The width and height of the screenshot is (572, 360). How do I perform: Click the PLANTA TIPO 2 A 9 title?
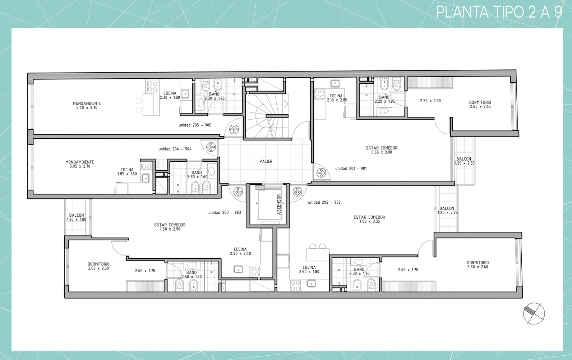tap(499, 12)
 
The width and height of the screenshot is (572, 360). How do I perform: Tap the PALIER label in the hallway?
tap(266, 161)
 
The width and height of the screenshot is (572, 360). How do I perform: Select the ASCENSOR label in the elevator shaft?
tap(279, 204)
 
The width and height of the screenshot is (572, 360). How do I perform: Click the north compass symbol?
tap(534, 314)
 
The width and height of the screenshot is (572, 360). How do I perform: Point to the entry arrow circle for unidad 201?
tap(321, 173)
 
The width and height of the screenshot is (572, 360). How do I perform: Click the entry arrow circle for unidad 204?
tap(211, 147)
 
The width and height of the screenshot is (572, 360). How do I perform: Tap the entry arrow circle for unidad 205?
tap(234, 129)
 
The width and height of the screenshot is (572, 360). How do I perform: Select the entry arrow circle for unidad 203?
tap(238, 191)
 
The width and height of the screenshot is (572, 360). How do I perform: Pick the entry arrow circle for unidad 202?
tap(297, 191)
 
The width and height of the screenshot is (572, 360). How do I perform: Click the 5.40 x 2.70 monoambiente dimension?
tap(87, 108)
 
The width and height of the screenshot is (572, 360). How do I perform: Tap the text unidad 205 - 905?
tap(195, 125)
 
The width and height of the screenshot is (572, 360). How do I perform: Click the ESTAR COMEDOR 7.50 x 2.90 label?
tap(170, 227)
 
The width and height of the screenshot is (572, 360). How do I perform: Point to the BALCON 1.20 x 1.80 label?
tap(77, 217)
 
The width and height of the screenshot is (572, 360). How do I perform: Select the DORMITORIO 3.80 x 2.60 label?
tap(478, 265)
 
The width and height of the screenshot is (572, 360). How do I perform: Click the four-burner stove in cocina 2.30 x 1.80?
tap(152, 86)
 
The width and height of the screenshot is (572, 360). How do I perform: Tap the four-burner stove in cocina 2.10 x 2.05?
tap(319, 94)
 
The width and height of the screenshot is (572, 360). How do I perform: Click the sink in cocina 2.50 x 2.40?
tap(238, 269)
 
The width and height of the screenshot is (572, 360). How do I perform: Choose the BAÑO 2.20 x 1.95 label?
tap(384, 99)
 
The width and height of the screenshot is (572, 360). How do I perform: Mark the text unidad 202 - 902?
tap(324, 202)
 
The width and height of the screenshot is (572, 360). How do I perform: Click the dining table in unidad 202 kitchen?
tap(318, 255)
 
